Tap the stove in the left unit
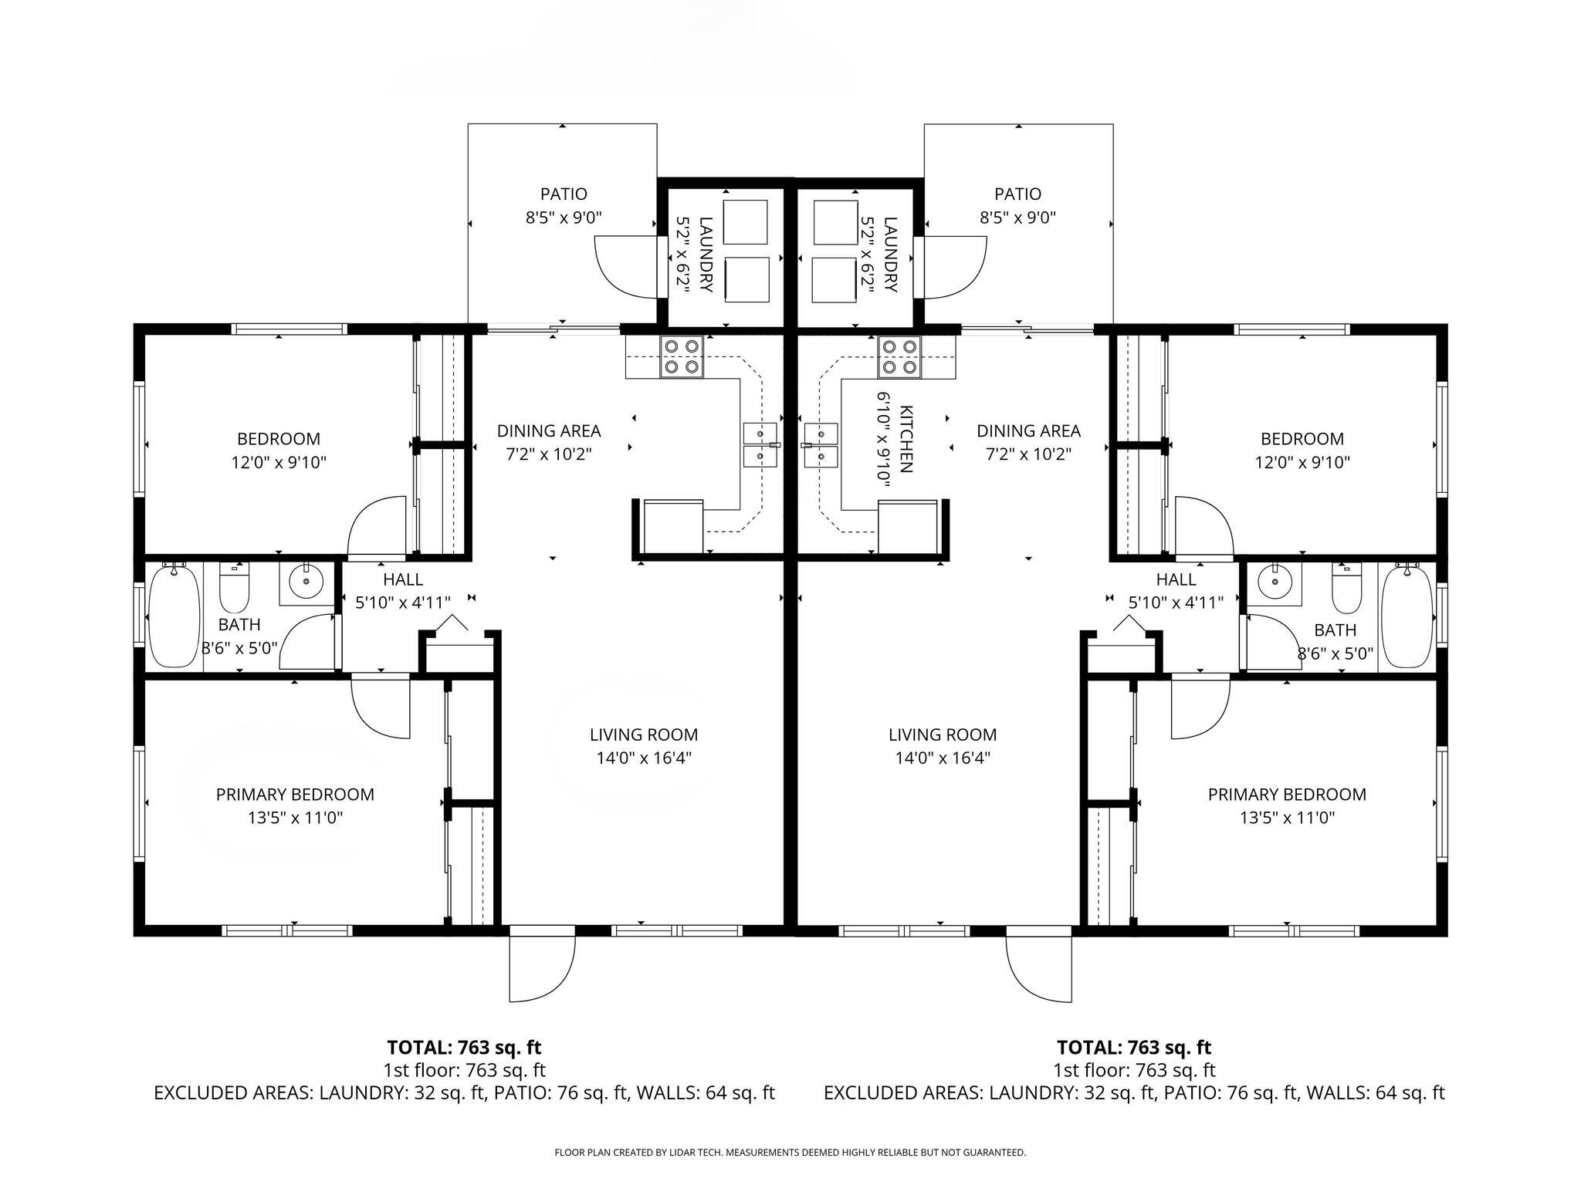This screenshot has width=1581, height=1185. click(x=682, y=357)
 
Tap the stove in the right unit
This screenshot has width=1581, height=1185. click(x=899, y=357)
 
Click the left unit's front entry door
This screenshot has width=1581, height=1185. click(x=542, y=964)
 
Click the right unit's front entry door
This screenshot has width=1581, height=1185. click(x=1039, y=964)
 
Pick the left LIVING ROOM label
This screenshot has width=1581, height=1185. click(x=644, y=735)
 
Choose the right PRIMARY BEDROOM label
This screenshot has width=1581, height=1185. click(x=1287, y=795)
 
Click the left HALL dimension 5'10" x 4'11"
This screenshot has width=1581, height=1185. click(x=403, y=603)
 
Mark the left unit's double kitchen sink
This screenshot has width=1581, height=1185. click(x=760, y=445)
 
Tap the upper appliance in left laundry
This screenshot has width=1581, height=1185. click(x=746, y=222)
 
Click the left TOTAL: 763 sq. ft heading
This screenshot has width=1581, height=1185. click(x=464, y=1048)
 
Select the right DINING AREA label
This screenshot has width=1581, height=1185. click(x=1028, y=431)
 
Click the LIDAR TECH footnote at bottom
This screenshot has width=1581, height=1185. click(x=790, y=1153)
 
